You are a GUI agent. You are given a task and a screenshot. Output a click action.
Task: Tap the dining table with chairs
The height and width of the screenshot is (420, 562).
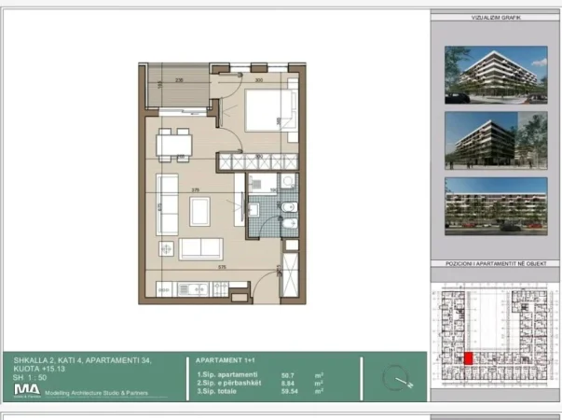coord(172,145)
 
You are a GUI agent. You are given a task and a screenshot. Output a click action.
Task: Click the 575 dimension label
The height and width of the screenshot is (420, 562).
coord(222,268)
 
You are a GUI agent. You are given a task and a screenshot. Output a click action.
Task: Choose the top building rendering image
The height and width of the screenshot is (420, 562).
coord(495,74)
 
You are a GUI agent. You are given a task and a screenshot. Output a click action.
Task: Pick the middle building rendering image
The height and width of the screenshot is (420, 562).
coord(495,138)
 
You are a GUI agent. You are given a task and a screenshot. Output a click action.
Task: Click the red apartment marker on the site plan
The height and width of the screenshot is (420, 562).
coord(468,357)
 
